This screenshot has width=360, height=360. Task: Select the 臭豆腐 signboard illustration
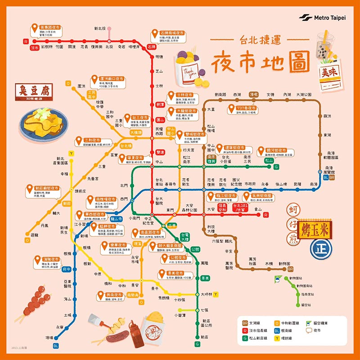pyautogui.click(x=34, y=93)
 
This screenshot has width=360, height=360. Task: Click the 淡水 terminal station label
pyautogui.click(x=35, y=47)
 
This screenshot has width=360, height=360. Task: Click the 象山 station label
pyautogui.click(x=258, y=209)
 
